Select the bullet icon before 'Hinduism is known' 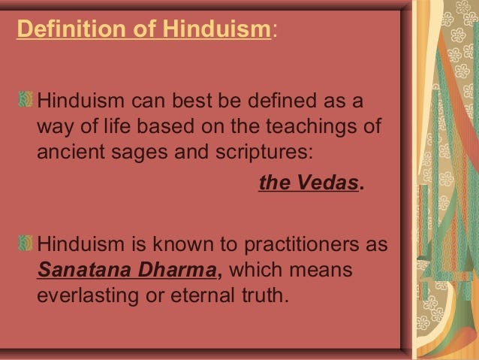coord(26,245)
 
